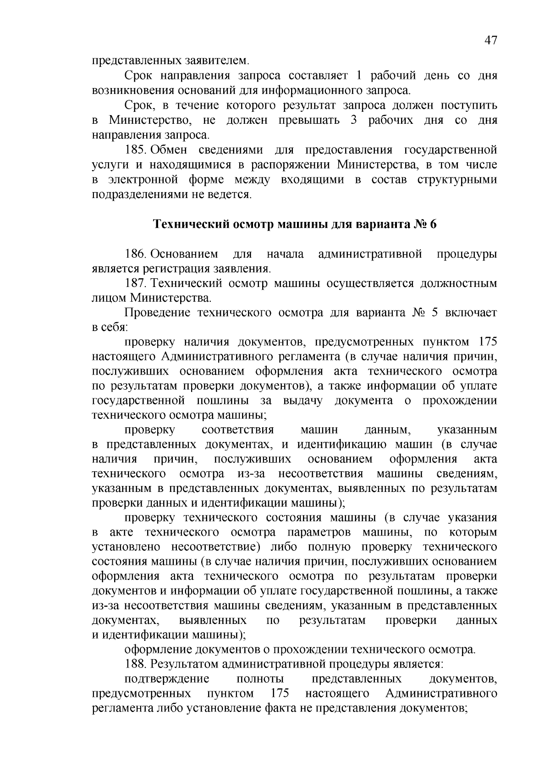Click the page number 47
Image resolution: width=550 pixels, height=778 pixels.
click(x=490, y=41)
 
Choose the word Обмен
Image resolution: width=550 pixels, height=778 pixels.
click(x=168, y=150)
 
